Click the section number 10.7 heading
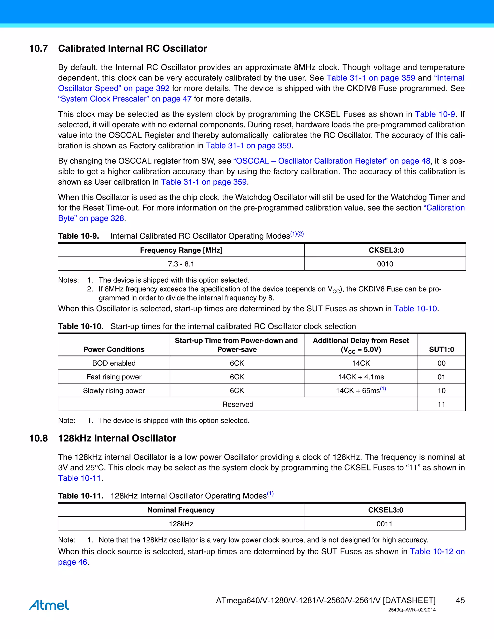38,48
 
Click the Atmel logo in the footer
49,605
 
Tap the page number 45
460,600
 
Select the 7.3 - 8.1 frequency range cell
181,264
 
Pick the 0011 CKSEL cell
384,524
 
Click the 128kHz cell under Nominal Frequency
181,524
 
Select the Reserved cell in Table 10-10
238,404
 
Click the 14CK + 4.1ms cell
361,377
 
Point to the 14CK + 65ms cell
361,391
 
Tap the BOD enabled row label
114,363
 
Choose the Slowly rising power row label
114,391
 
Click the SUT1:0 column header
441,349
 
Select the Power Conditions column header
114,349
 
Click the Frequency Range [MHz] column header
181,250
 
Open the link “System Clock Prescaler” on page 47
125,99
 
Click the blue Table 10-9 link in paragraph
435,114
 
